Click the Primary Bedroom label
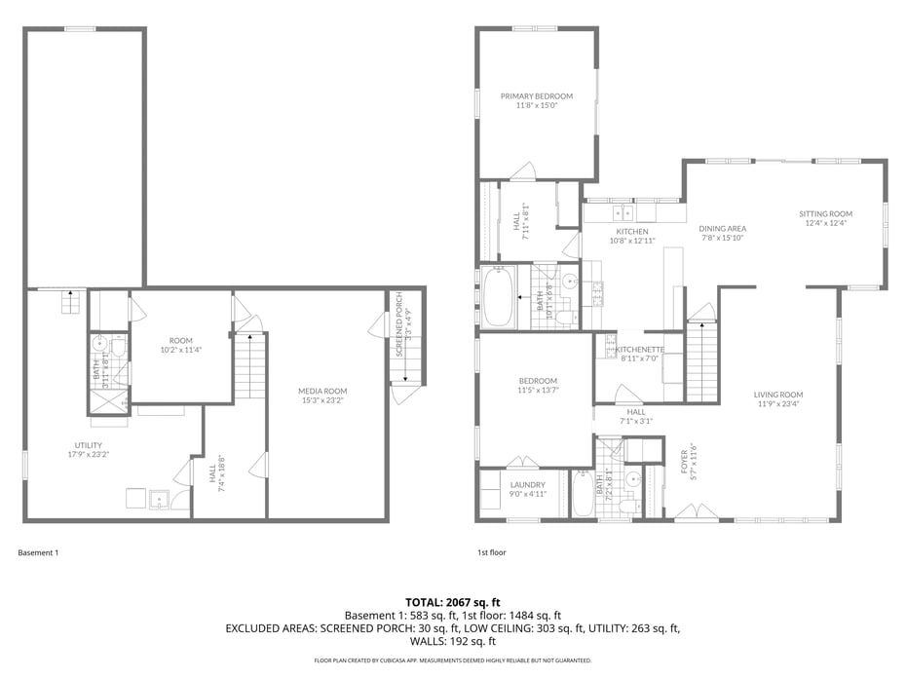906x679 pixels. (x=536, y=96)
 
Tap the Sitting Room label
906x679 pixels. (x=825, y=214)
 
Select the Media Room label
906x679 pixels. (x=322, y=391)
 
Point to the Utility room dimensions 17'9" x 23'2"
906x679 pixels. (x=88, y=454)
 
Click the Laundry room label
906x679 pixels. (x=528, y=484)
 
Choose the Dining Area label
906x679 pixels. (x=722, y=228)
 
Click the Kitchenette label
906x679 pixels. (x=640, y=349)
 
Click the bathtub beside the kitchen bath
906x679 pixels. (x=499, y=297)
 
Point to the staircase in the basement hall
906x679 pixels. (x=250, y=365)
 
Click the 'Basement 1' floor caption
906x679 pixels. (x=38, y=553)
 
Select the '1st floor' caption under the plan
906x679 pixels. (x=491, y=553)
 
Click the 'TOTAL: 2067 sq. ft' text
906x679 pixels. (x=452, y=602)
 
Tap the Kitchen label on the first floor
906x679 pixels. (x=631, y=231)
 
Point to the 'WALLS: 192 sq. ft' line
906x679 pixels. (x=452, y=641)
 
